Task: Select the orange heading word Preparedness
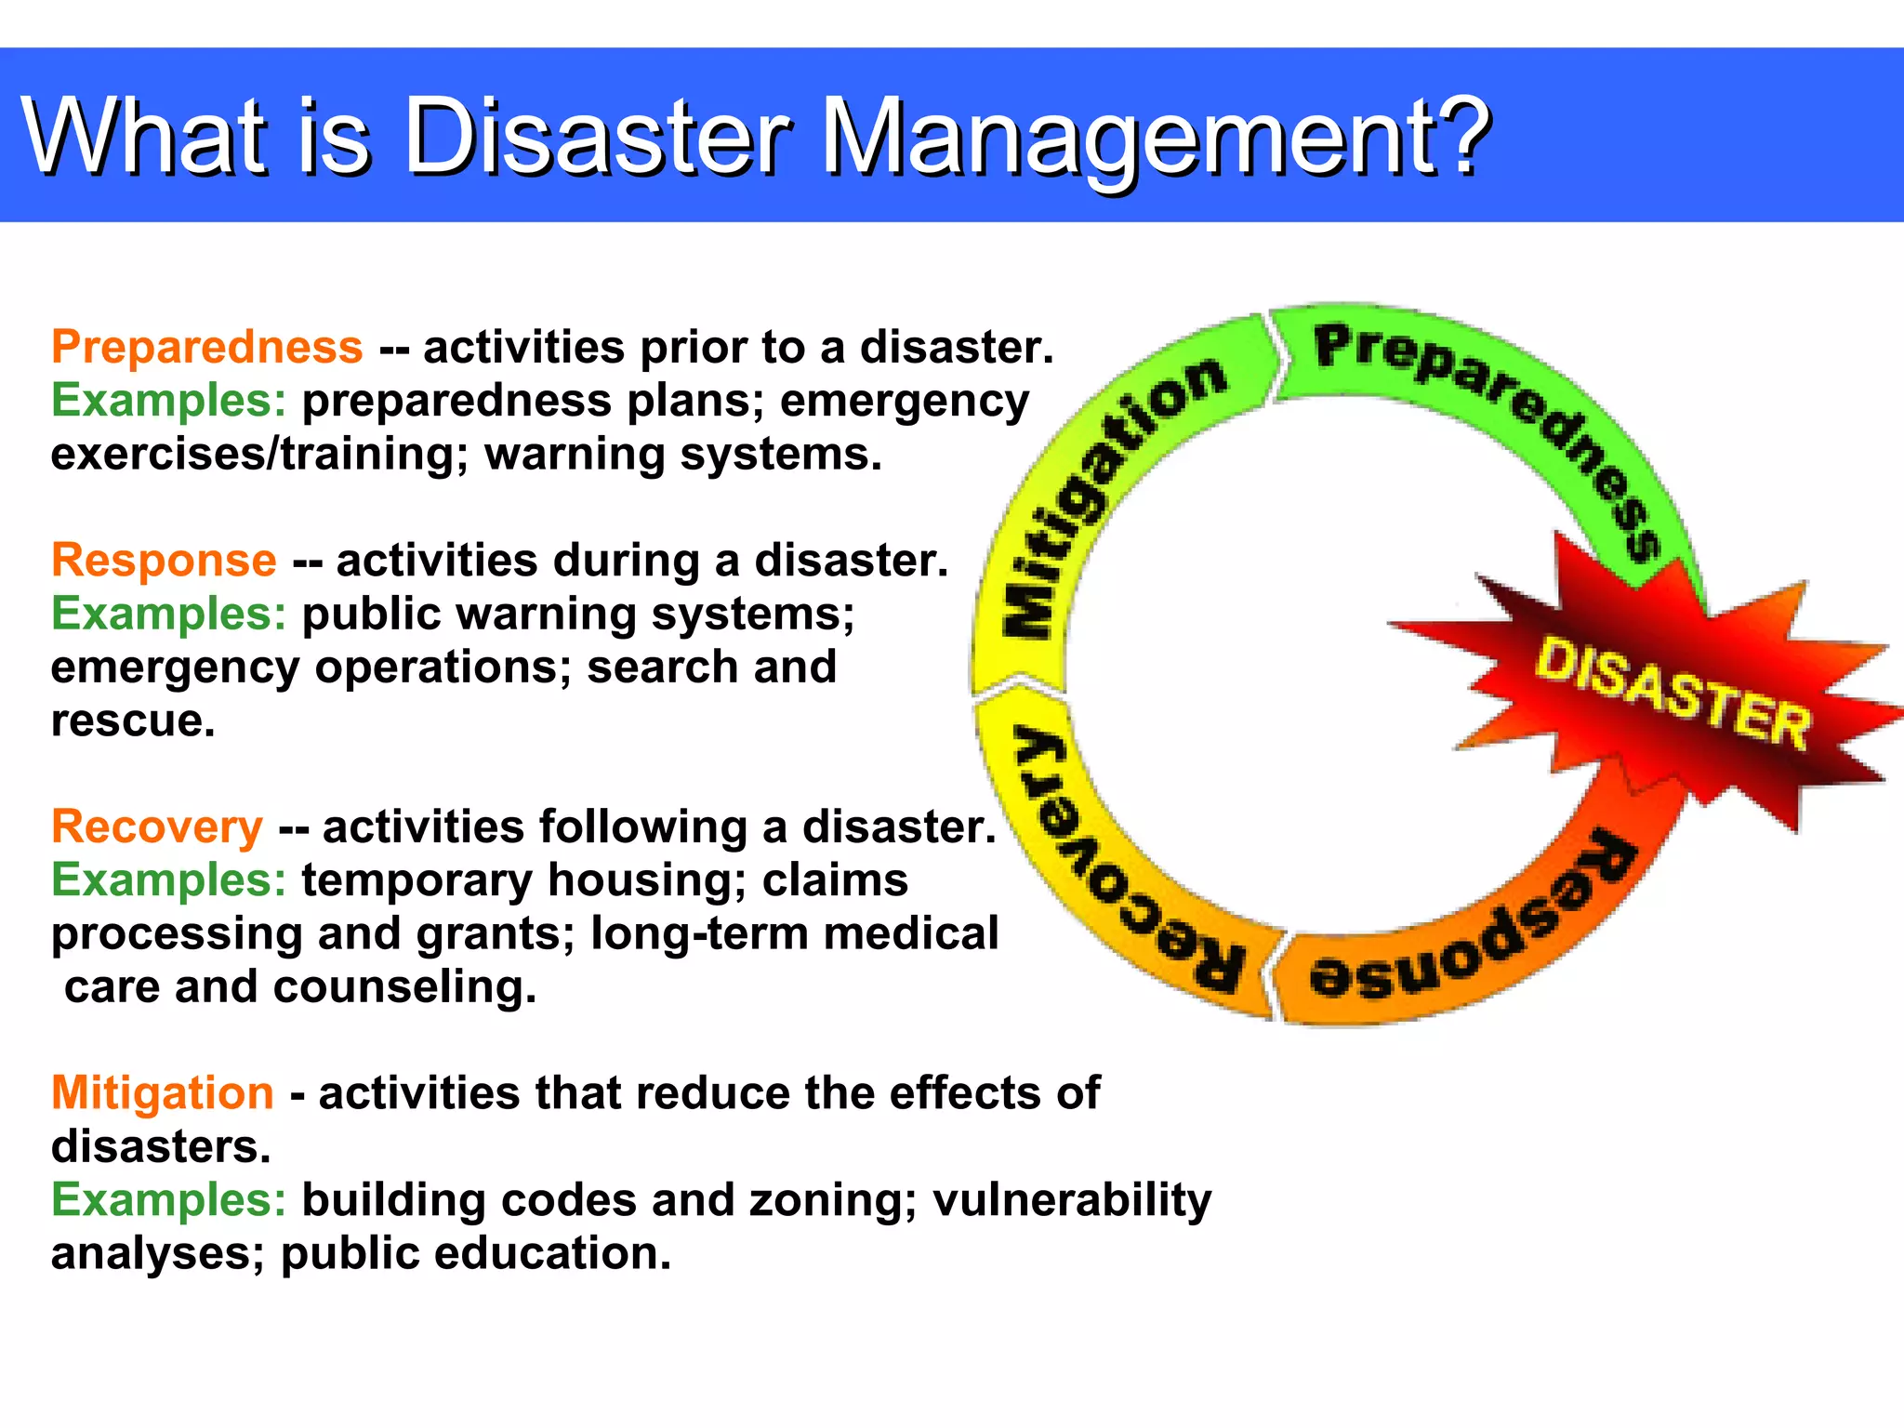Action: click(x=206, y=348)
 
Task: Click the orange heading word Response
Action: click(x=164, y=561)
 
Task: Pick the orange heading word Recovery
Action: click(x=157, y=827)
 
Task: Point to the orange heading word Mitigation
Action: click(x=163, y=1093)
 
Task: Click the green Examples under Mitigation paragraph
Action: click(x=168, y=1200)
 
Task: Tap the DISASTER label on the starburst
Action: click(x=1672, y=694)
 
